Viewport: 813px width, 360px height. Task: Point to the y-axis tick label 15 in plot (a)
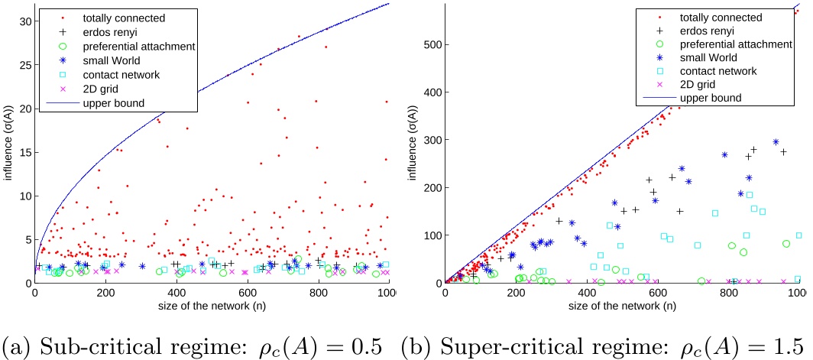point(22,152)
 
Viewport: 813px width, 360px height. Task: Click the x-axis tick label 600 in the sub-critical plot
point(459,291)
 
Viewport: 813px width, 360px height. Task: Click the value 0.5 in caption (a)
point(368,343)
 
